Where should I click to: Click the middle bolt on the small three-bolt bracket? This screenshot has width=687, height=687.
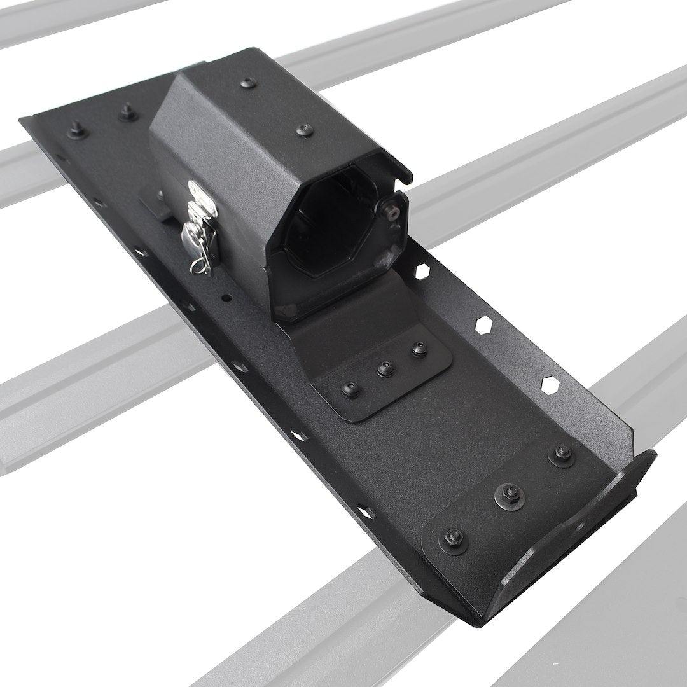click(384, 368)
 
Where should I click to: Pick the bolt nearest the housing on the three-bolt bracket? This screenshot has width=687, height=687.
click(418, 349)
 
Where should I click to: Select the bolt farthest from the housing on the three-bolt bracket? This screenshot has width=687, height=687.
click(349, 388)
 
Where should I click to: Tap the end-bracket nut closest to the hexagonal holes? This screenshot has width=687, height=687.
click(561, 453)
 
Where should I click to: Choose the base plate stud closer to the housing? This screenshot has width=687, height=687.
click(125, 113)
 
